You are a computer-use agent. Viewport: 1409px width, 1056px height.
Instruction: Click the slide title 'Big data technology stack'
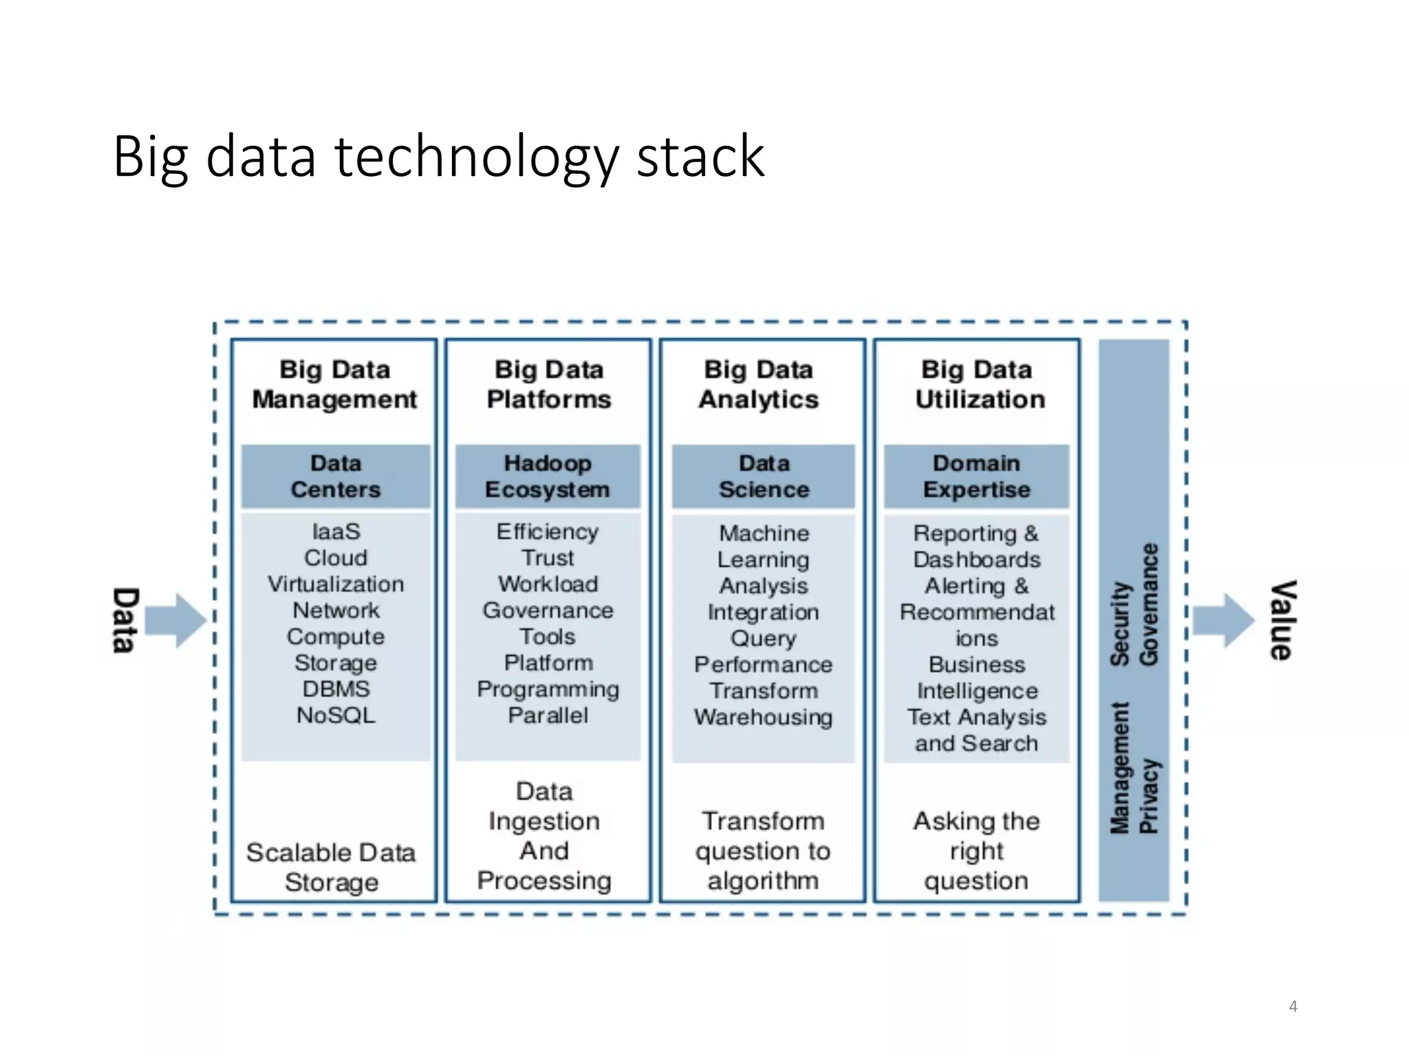[438, 157]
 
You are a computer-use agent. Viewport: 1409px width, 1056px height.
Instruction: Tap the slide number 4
[1293, 1006]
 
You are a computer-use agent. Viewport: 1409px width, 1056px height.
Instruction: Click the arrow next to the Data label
[176, 620]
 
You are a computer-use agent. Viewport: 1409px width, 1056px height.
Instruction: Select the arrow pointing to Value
[1223, 620]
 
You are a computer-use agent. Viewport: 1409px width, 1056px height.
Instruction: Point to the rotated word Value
[1282, 620]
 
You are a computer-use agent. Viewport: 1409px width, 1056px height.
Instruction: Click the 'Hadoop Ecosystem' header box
[548, 476]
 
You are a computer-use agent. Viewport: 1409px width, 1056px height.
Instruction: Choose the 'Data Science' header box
[764, 476]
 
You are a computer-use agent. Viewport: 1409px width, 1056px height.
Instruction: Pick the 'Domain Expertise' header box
[976, 476]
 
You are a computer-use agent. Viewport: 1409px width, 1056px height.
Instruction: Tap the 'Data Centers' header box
[336, 476]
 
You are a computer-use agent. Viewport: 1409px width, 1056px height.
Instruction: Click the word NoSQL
[336, 716]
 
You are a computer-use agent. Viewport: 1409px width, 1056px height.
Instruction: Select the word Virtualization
[336, 584]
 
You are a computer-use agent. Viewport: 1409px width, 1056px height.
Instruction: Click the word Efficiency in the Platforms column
[548, 532]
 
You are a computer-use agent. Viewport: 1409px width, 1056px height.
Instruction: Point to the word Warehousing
[763, 718]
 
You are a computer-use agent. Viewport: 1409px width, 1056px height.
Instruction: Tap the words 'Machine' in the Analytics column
[764, 533]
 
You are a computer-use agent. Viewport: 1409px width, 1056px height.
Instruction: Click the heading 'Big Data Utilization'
[979, 384]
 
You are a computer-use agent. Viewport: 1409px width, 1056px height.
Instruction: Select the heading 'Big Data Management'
[334, 384]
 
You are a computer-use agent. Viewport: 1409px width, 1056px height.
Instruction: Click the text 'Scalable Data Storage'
[332, 867]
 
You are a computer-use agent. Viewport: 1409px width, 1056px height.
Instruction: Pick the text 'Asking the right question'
[976, 850]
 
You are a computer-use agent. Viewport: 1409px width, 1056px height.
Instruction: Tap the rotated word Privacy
[1149, 796]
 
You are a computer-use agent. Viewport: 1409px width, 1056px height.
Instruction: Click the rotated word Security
[1120, 624]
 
